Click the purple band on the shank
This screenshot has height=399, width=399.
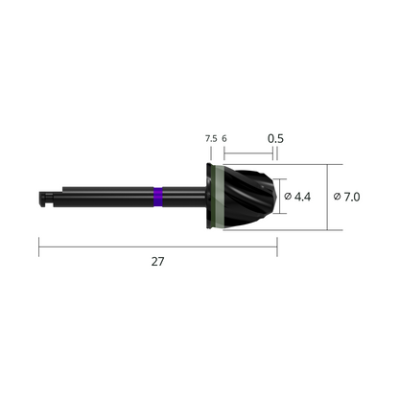(x=157, y=198)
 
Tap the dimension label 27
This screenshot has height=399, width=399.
(x=158, y=263)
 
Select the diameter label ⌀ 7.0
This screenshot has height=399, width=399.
(x=347, y=197)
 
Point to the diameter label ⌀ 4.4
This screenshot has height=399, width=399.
(x=302, y=197)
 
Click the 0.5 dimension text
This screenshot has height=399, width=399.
(x=275, y=138)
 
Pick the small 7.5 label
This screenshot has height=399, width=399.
(x=210, y=138)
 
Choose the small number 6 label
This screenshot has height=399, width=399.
(x=224, y=138)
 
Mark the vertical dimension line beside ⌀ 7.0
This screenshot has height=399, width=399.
(x=327, y=198)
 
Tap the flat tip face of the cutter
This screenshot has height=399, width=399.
(x=281, y=198)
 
